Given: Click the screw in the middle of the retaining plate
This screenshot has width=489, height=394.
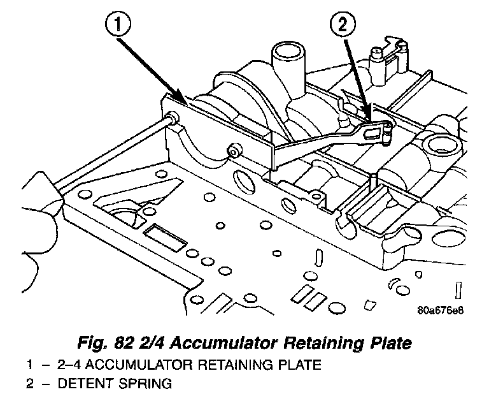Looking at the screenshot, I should [234, 151].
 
